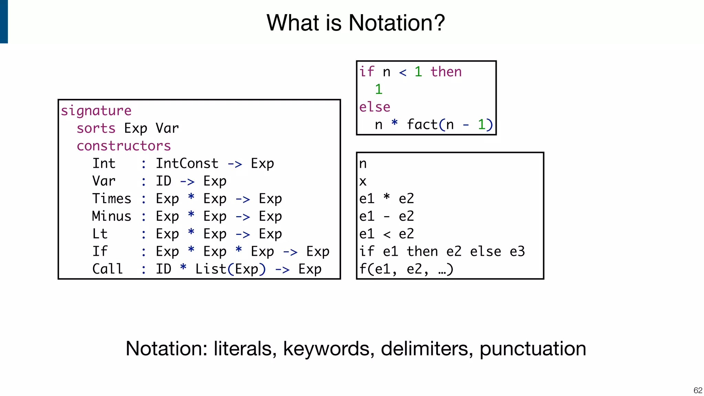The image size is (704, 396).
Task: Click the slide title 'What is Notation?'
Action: click(x=355, y=23)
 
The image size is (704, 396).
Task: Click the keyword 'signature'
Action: click(x=96, y=111)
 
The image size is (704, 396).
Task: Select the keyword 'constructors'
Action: click(x=123, y=146)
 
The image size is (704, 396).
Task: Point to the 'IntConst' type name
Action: click(x=187, y=164)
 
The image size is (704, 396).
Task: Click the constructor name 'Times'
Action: click(x=112, y=199)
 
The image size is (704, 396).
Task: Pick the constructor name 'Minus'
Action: click(x=112, y=216)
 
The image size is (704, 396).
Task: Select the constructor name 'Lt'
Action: click(x=100, y=234)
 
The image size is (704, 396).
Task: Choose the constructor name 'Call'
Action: click(x=108, y=269)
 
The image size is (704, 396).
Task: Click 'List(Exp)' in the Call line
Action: click(x=230, y=269)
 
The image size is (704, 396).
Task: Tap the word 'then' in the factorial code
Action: click(x=446, y=72)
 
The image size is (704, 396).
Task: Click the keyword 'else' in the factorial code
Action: click(x=375, y=107)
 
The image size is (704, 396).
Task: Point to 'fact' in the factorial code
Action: click(x=422, y=124)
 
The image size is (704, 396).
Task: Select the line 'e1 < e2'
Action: click(x=386, y=234)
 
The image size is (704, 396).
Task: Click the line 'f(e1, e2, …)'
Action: click(x=406, y=269)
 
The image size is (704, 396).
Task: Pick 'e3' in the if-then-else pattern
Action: click(x=517, y=252)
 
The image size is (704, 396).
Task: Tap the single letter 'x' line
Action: click(x=363, y=181)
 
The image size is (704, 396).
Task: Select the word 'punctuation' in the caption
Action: click(x=532, y=349)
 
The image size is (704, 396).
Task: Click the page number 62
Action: click(x=698, y=390)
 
